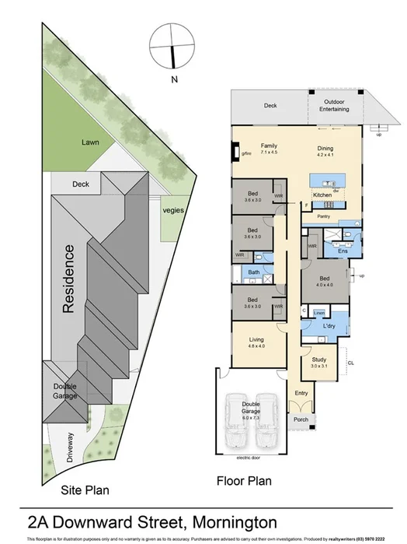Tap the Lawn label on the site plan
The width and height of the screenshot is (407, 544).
(x=91, y=142)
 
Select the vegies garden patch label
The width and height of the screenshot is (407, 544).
(x=172, y=210)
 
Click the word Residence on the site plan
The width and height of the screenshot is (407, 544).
(x=69, y=279)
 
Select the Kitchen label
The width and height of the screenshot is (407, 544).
(x=322, y=195)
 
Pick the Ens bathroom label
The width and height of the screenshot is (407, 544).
(x=343, y=251)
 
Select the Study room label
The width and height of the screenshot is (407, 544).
(x=319, y=362)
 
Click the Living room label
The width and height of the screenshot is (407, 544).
(x=256, y=343)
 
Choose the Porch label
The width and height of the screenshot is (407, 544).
(x=301, y=419)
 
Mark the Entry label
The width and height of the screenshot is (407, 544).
(x=301, y=393)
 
